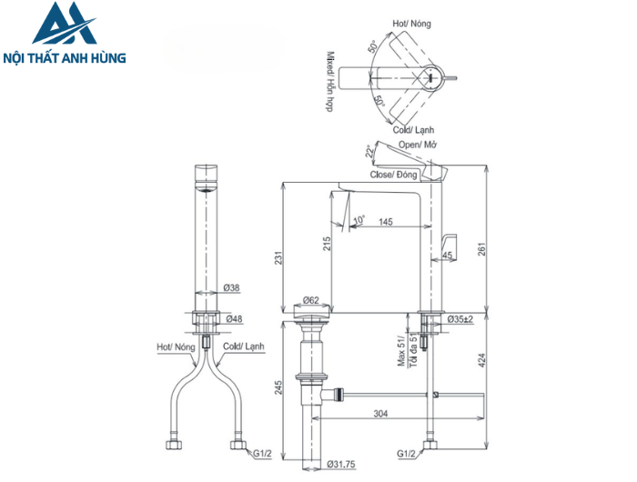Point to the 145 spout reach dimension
(386, 222)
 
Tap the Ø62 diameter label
(310, 299)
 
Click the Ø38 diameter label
(232, 288)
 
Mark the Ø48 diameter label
(233, 318)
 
